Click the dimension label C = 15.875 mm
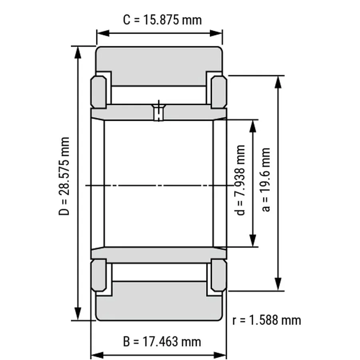(162, 20)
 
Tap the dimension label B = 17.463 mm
(162, 342)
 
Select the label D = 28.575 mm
(64, 176)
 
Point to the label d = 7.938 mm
(240, 180)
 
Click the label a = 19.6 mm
(266, 180)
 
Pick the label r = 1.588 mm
(266, 320)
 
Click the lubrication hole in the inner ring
(159, 112)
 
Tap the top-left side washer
(99, 92)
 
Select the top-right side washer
(219, 92)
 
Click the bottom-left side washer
(99, 275)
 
